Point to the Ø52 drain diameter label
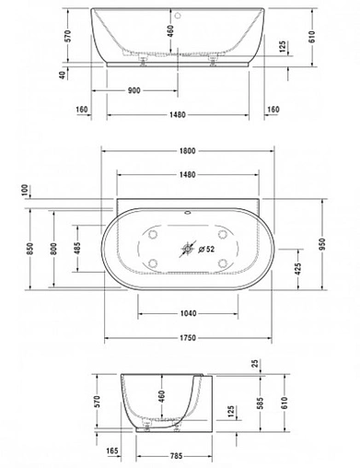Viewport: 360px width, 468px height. coord(207,249)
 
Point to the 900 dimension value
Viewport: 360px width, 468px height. coord(134,92)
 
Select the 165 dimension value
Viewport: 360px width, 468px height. coord(113,451)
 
